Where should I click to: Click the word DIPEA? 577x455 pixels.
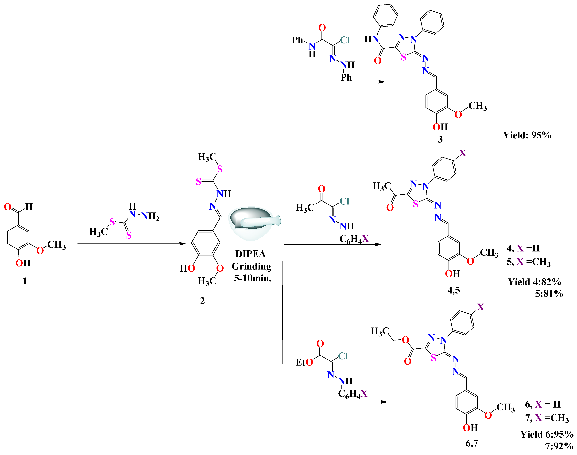[250, 254]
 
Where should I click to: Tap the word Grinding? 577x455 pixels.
[252, 266]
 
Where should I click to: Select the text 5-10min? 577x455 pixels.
[252, 278]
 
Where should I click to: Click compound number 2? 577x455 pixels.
[202, 301]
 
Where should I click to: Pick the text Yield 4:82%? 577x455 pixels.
[534, 282]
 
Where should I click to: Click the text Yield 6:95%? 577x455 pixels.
[547, 434]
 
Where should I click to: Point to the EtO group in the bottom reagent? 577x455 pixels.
[304, 362]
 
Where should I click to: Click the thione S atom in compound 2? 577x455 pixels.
[198, 182]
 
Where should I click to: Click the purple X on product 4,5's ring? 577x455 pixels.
[463, 153]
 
